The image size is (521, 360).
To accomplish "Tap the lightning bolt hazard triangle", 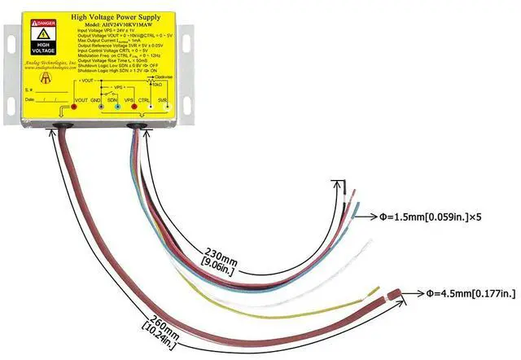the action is click(42, 37).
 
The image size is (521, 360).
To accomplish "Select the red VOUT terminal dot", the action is click(73, 108).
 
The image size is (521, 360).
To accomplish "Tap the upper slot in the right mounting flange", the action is click(188, 37).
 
